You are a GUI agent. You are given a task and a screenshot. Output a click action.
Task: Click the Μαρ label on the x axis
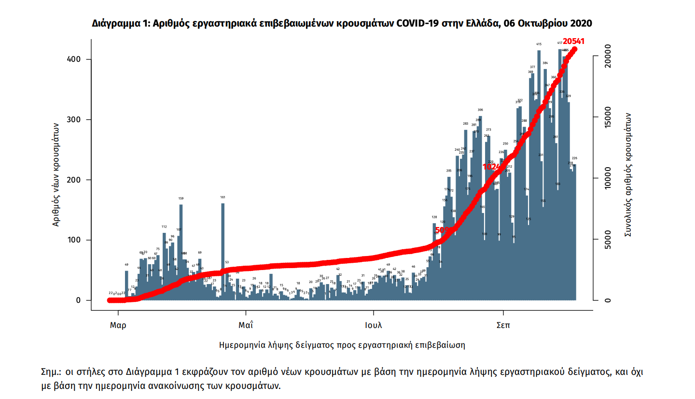(118, 325)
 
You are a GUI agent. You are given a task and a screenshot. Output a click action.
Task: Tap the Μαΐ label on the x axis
(246, 325)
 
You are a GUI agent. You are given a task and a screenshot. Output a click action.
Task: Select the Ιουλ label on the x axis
(373, 325)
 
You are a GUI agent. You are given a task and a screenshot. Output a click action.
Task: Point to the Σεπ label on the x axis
(504, 325)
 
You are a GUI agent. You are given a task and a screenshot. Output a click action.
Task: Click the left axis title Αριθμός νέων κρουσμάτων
(56, 174)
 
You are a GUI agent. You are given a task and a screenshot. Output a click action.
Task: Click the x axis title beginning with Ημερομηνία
(342, 345)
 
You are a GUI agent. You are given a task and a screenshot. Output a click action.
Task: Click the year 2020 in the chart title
(582, 23)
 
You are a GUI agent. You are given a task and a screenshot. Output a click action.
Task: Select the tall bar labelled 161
(222, 251)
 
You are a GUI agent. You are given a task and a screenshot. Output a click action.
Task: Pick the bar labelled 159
(181, 251)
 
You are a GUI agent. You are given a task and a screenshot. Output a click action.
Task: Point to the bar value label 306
(480, 110)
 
